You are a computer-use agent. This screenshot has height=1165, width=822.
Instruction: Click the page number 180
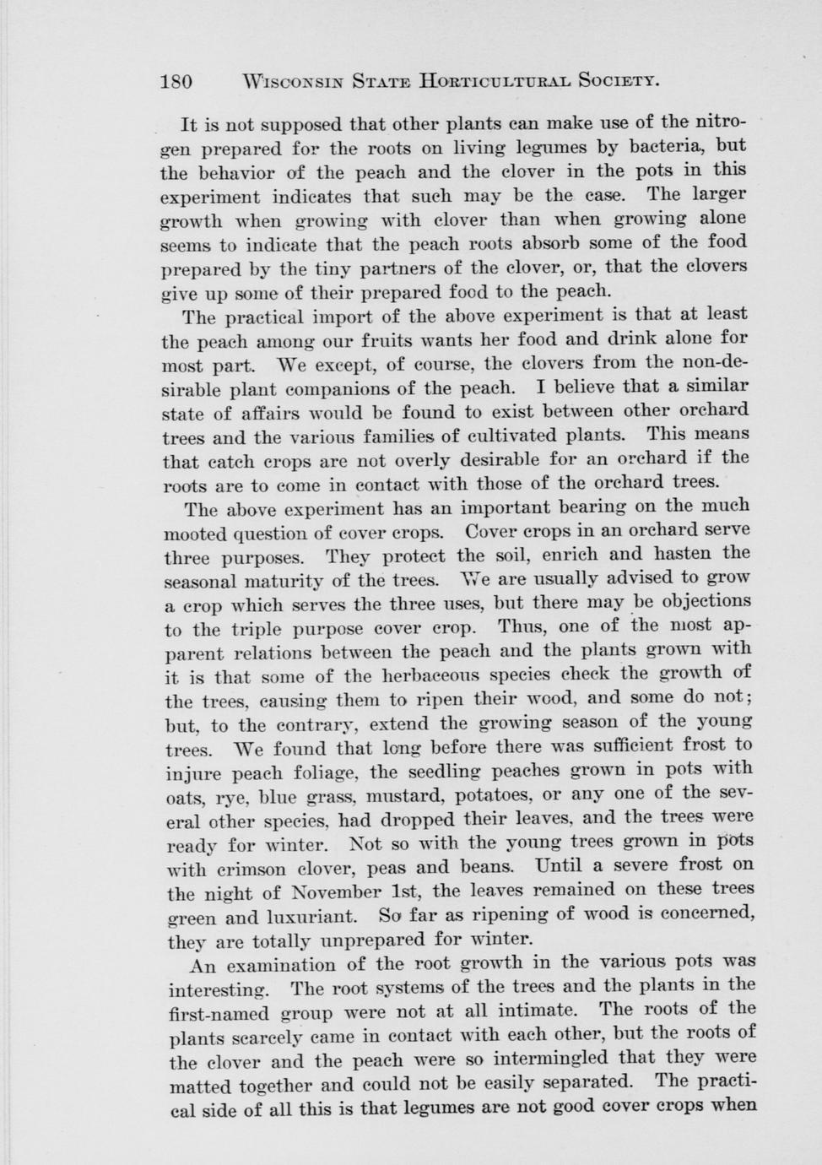point(176,82)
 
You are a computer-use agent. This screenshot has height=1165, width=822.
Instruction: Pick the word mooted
point(194,534)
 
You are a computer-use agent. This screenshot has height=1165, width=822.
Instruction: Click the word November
point(333,891)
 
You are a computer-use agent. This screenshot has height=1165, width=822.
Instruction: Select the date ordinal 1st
point(408,891)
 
